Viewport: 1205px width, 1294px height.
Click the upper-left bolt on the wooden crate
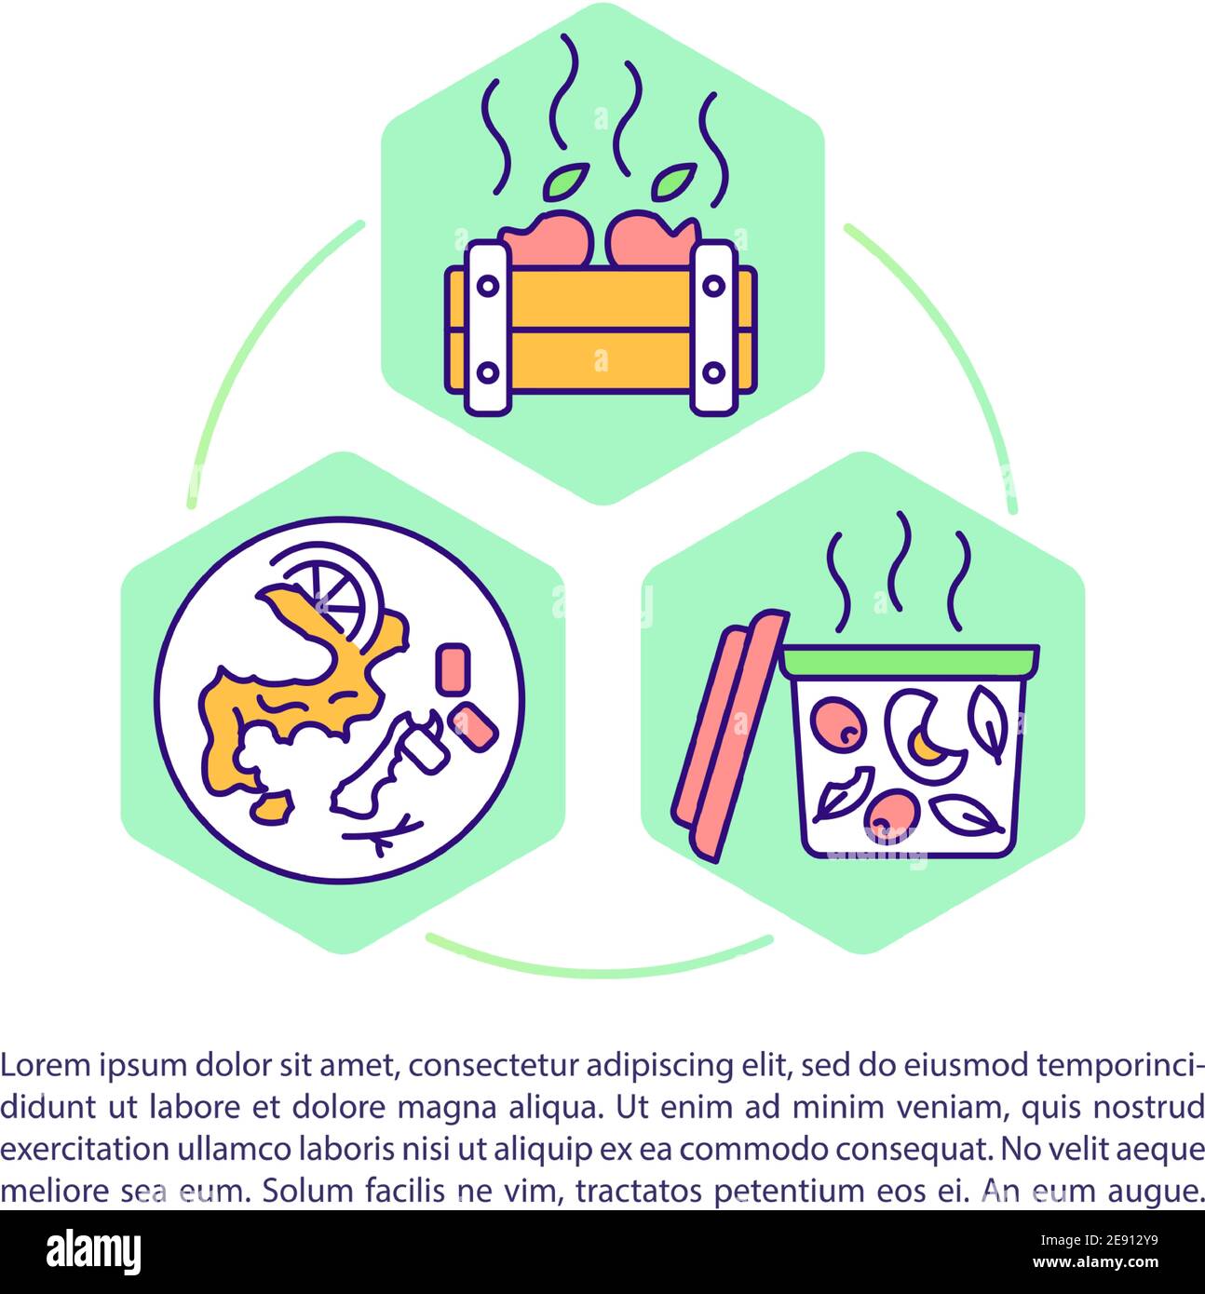[x=487, y=286]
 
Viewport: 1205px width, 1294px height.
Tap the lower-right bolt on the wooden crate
[x=713, y=372]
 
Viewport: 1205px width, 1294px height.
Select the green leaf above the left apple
[x=566, y=182]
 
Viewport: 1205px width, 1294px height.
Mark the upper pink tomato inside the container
[x=838, y=724]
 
